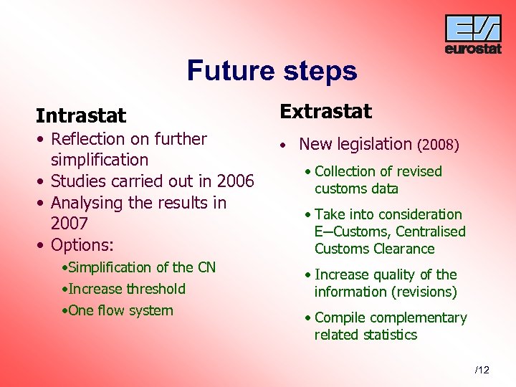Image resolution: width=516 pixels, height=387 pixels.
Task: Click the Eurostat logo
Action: click(x=473, y=34)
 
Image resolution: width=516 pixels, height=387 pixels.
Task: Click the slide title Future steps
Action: click(x=272, y=71)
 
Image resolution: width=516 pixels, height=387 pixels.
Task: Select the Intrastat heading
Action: click(x=81, y=115)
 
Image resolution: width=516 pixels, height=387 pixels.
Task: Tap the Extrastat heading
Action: click(x=325, y=111)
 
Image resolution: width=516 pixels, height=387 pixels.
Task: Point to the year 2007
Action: click(x=69, y=224)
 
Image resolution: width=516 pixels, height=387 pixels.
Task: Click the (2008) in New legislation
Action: click(x=437, y=145)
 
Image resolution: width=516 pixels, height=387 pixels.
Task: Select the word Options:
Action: click(x=82, y=245)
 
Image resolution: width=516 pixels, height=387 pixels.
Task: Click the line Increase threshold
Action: click(x=127, y=289)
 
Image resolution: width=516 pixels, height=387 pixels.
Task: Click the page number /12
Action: click(x=482, y=370)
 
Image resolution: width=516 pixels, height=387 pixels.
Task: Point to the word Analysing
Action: click(x=87, y=202)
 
